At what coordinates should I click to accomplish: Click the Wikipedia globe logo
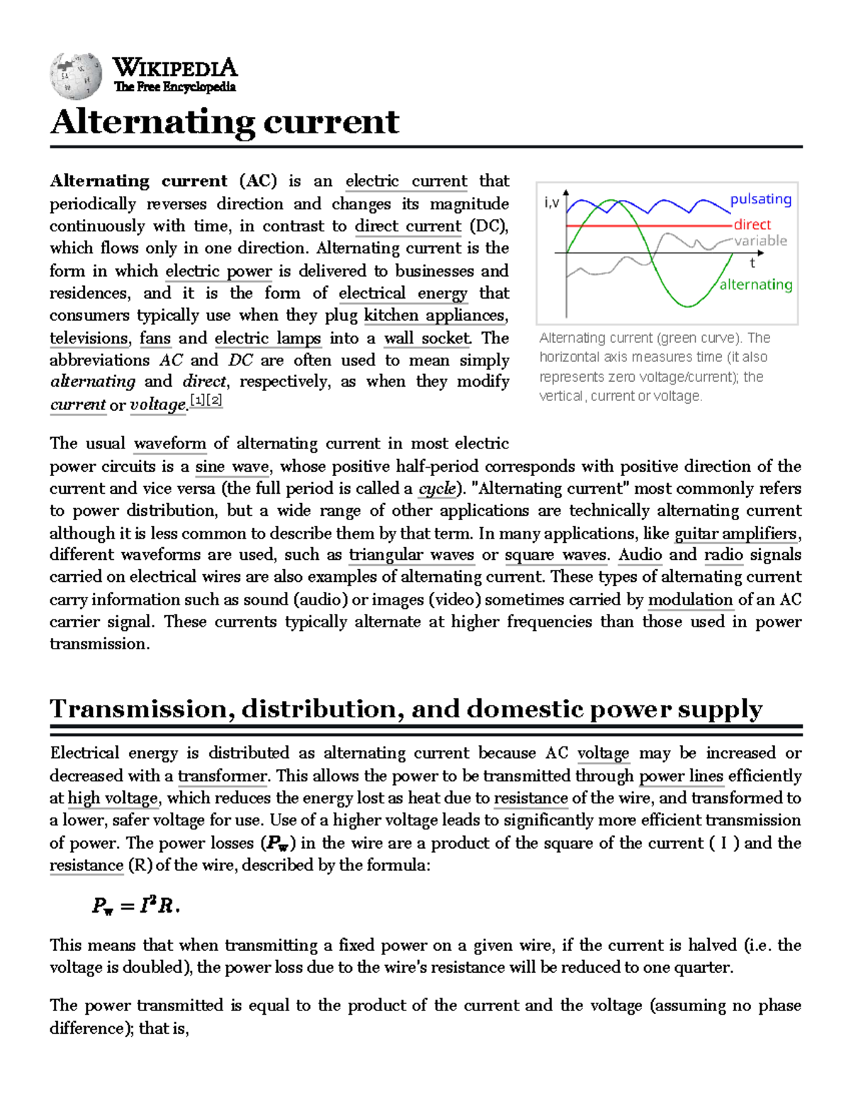pyautogui.click(x=75, y=75)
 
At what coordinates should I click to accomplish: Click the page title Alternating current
pyautogui.click(x=224, y=121)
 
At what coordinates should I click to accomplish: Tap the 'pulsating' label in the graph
pyautogui.click(x=760, y=199)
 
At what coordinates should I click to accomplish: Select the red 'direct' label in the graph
pyautogui.click(x=752, y=224)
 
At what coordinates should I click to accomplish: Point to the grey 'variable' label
pyautogui.click(x=760, y=241)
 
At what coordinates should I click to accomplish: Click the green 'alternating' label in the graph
pyautogui.click(x=755, y=285)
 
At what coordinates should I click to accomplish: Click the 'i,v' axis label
pyautogui.click(x=551, y=203)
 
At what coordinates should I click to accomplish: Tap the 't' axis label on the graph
pyautogui.click(x=752, y=263)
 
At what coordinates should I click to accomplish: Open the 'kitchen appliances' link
pyautogui.click(x=435, y=315)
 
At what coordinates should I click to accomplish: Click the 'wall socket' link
pyautogui.click(x=428, y=338)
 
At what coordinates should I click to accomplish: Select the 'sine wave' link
pyautogui.click(x=232, y=466)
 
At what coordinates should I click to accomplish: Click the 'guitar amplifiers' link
pyautogui.click(x=736, y=533)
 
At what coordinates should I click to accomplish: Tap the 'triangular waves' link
pyautogui.click(x=411, y=555)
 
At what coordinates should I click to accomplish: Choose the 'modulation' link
pyautogui.click(x=690, y=600)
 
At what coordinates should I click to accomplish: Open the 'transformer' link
pyautogui.click(x=222, y=776)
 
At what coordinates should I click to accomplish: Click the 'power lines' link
pyautogui.click(x=681, y=776)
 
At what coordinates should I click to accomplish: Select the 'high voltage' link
pyautogui.click(x=113, y=798)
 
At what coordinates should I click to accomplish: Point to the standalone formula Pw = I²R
pyautogui.click(x=135, y=906)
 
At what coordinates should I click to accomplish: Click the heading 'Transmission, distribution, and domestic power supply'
pyautogui.click(x=406, y=709)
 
